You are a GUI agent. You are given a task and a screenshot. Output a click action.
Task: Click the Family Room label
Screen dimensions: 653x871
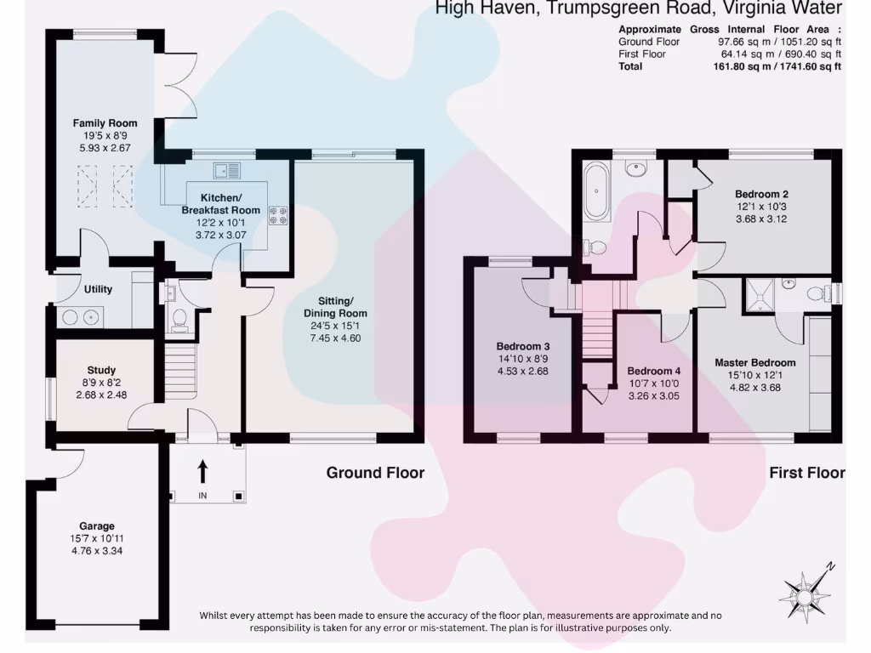105,123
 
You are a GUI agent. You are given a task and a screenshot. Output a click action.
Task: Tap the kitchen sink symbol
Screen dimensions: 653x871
228,170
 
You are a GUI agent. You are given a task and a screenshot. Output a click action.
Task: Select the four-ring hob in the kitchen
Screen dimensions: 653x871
279,216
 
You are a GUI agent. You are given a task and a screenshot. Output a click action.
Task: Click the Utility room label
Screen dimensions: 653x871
98,289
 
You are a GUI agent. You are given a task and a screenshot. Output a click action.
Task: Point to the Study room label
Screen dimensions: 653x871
101,370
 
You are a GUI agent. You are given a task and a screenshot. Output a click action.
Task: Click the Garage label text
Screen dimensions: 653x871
97,526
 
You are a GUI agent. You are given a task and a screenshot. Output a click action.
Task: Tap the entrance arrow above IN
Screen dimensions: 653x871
202,471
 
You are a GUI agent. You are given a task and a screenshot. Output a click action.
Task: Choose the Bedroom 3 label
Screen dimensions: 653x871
522,346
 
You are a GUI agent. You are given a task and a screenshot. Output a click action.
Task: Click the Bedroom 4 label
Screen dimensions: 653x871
654,371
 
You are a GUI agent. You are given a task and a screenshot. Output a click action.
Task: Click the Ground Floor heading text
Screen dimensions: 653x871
375,473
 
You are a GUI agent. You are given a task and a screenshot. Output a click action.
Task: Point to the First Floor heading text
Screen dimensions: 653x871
806,473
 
